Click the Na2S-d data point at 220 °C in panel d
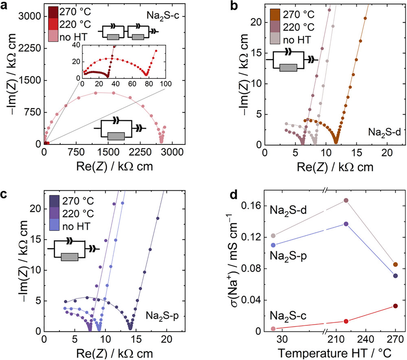(346, 201)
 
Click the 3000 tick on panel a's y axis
(29, 16)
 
